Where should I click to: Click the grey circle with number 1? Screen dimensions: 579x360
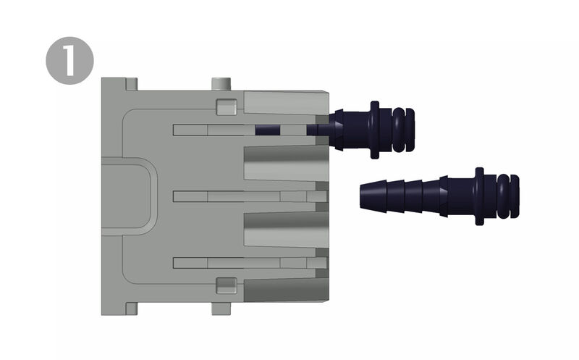coord(69,61)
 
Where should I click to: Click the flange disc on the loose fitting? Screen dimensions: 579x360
coord(479,196)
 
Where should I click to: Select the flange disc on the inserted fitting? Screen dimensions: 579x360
coord(374,130)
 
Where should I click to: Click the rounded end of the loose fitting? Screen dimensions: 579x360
coord(509,196)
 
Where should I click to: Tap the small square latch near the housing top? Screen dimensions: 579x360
coord(227,106)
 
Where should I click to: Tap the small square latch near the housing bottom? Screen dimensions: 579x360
coord(227,285)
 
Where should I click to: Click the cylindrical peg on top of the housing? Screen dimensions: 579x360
coord(221,83)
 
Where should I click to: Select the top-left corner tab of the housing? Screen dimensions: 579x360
coord(132,84)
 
